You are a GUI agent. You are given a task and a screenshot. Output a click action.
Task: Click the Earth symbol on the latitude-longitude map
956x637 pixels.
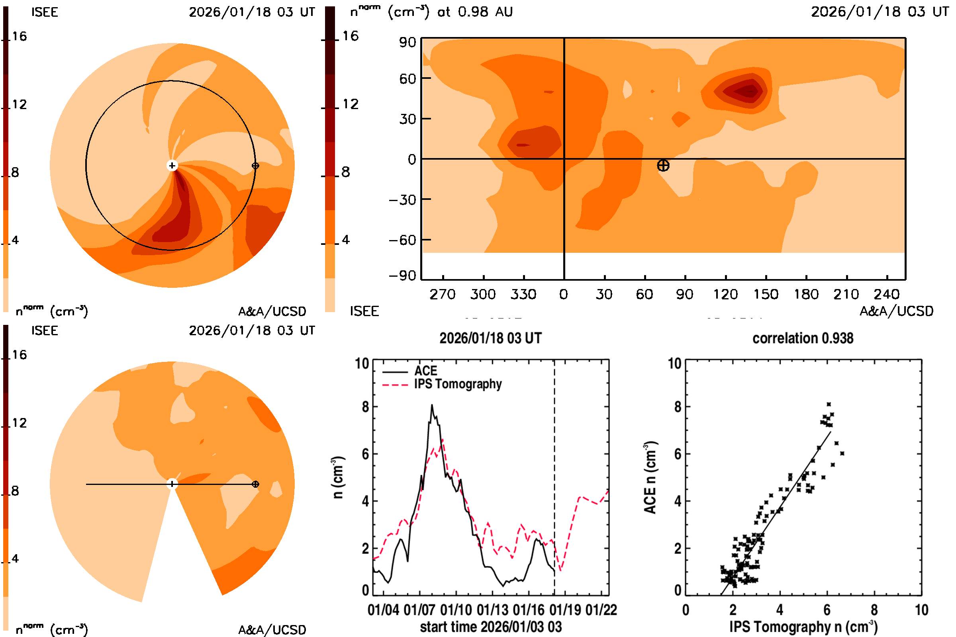663,165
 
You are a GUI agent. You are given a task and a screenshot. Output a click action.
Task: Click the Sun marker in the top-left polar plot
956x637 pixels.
172,165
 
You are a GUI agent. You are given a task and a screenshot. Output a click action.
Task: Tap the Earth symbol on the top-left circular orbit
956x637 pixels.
255,166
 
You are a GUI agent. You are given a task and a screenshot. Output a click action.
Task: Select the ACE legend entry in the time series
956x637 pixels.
425,371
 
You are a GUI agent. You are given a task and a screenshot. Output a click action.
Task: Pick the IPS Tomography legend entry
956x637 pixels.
458,384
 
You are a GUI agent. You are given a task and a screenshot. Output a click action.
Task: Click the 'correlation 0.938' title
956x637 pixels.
803,338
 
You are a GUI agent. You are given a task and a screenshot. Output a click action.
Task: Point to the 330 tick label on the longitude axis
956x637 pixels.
523,294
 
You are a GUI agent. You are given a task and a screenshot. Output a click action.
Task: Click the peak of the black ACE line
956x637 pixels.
432,405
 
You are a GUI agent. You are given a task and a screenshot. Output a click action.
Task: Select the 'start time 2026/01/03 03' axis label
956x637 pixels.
491,627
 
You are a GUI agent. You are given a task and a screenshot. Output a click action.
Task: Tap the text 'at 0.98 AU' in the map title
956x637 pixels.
475,12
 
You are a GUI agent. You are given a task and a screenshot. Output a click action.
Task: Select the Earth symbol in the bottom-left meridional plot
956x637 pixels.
255,484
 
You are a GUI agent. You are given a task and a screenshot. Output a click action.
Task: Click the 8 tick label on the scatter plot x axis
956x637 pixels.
874,610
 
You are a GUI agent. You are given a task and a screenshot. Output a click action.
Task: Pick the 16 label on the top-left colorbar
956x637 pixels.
19,36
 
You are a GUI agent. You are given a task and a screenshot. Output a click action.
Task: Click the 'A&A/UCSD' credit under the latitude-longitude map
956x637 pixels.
896,311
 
